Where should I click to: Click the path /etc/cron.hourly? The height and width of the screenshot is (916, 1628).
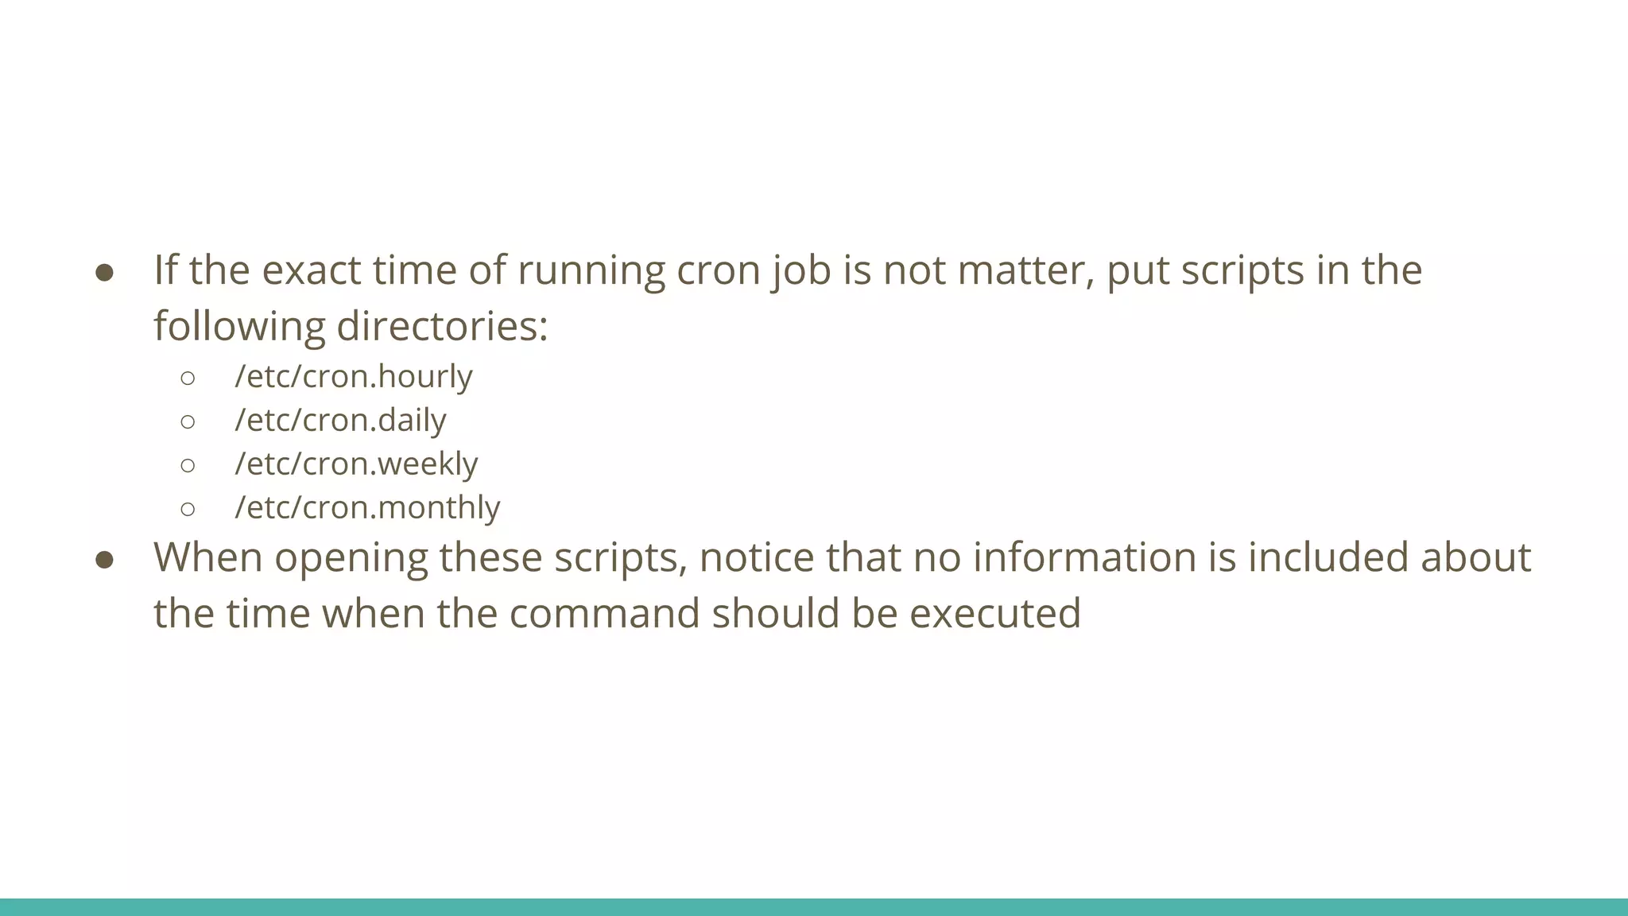tap(354, 376)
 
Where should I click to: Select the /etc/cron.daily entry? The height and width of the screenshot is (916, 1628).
tap(340, 420)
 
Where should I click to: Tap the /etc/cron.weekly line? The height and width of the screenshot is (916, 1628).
tap(356, 464)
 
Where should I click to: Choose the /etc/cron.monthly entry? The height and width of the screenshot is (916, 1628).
tap(367, 507)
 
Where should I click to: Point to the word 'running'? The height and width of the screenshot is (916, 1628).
tap(591, 270)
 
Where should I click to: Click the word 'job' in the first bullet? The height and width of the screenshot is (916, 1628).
tap(800, 270)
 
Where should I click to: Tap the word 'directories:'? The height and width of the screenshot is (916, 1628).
tap(443, 326)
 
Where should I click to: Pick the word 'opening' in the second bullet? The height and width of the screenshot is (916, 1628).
tap(351, 557)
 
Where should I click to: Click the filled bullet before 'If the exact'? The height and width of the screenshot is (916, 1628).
tap(105, 273)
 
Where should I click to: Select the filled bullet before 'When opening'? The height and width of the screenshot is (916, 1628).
tap(105, 560)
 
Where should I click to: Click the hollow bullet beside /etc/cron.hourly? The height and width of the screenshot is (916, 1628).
tap(188, 378)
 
